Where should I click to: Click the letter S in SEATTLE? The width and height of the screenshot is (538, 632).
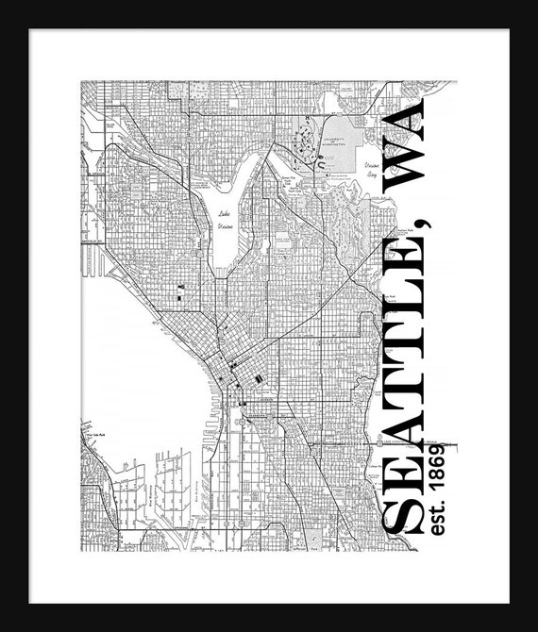(400, 514)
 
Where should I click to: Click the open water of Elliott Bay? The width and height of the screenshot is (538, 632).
(142, 377)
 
